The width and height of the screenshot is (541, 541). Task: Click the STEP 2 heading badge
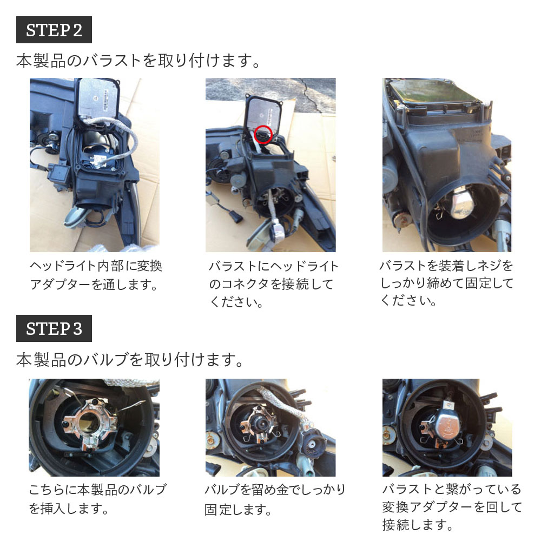tap(54, 30)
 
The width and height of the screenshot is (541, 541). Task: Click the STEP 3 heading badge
tap(54, 328)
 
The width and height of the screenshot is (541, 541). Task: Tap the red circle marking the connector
tap(263, 133)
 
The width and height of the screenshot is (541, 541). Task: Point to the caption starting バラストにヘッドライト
tap(273, 284)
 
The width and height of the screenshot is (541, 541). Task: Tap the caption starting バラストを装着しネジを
tap(446, 283)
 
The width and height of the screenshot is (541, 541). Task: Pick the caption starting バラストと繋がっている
tap(452, 507)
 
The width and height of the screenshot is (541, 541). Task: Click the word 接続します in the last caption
tap(417, 524)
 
